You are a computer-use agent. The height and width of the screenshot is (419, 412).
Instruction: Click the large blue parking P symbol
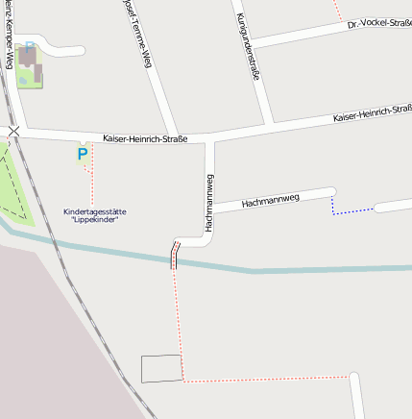(83, 153)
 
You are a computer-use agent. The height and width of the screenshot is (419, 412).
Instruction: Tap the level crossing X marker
(13, 130)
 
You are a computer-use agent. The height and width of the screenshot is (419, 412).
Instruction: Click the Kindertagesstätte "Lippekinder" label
(94, 216)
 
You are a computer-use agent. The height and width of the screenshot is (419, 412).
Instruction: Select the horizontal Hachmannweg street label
(271, 201)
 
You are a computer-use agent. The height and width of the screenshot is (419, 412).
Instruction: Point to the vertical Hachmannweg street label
(208, 201)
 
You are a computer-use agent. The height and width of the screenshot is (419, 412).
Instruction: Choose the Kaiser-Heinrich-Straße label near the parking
(145, 139)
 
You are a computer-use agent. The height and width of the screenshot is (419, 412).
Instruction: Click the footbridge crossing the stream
(175, 255)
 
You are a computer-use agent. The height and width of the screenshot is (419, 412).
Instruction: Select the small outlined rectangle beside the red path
(161, 368)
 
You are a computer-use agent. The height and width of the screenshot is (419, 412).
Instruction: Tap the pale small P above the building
(29, 45)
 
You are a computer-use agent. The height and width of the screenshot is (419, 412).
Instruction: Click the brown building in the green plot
(30, 63)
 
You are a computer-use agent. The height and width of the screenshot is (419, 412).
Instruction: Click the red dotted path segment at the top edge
(336, 10)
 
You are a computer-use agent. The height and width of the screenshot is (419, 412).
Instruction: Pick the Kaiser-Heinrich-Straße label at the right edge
(373, 114)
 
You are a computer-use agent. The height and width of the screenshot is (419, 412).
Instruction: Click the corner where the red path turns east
(183, 381)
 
